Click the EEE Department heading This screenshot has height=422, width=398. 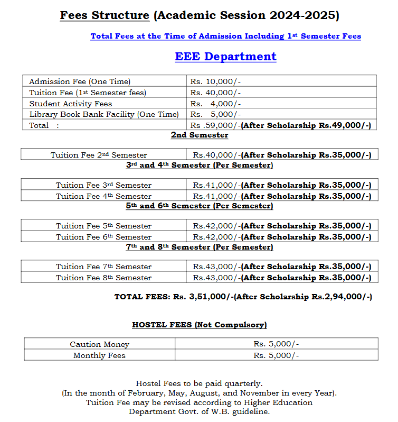click(225, 57)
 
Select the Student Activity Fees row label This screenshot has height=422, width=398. click(71, 104)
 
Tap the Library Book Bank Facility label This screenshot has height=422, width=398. click(104, 114)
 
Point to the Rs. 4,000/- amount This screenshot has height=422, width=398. click(215, 104)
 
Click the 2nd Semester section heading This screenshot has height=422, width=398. click(199, 135)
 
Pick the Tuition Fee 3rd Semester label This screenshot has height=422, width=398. click(103, 185)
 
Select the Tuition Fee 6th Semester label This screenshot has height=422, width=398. click(103, 237)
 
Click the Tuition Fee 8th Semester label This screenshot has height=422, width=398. click(103, 278)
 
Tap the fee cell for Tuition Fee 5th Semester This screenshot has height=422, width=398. click(282, 226)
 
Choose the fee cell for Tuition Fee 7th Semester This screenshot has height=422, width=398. click(282, 267)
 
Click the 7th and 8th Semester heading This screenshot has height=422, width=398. click(199, 247)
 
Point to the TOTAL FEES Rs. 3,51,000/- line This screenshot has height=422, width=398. click(243, 297)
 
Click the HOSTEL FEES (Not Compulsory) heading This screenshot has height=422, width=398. click(199, 325)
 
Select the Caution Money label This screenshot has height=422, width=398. click(99, 344)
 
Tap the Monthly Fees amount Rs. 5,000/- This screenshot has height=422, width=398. click(276, 355)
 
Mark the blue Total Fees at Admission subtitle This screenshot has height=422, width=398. click(225, 36)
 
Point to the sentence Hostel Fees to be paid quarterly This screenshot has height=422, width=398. click(199, 383)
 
